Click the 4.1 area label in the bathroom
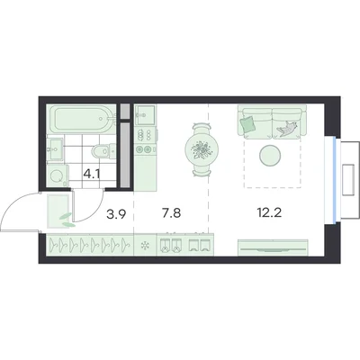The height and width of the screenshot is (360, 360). pos(92,175)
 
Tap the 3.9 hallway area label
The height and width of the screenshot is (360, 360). pos(116,213)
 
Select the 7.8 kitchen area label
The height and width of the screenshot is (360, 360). pos(171,213)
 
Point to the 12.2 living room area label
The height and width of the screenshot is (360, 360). pos(269,212)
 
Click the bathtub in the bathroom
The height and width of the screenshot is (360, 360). pos(81,120)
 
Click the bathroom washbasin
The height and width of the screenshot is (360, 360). pos(55,149)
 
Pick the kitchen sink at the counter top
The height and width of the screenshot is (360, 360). pos(145,114)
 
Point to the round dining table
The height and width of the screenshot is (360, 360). pos(202,148)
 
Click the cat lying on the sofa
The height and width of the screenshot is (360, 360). pos(287,129)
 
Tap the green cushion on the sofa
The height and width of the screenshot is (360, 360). pos(247,123)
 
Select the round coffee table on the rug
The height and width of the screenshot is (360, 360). pos(270,155)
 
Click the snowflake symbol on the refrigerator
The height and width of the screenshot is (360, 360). pos(145,246)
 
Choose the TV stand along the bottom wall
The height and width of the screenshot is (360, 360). pos(273,247)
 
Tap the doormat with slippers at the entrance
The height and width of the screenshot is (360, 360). pos(58,211)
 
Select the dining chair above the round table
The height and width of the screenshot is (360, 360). pos(202,128)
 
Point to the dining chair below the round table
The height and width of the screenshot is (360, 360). pos(202,171)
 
